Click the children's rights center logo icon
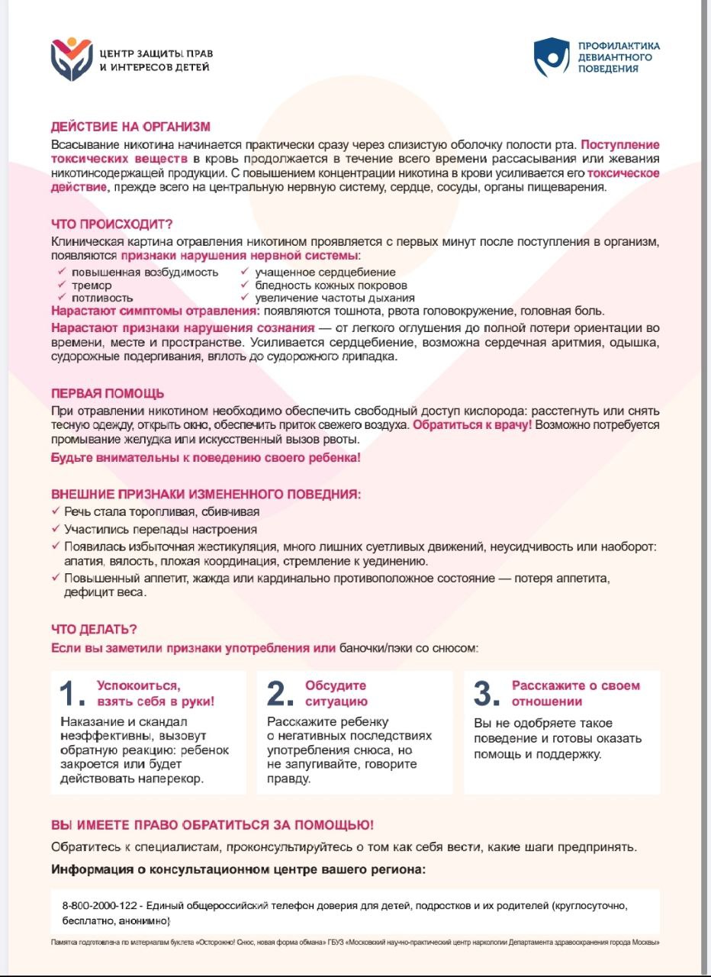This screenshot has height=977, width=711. pyautogui.click(x=71, y=59)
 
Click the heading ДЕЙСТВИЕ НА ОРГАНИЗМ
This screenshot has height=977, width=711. pyautogui.click(x=130, y=127)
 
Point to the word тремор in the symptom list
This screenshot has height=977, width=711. pyautogui.click(x=92, y=285)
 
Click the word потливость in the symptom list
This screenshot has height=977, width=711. pyautogui.click(x=102, y=298)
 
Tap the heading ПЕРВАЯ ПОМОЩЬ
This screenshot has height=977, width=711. pyautogui.click(x=107, y=394)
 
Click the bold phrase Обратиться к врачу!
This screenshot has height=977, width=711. pyautogui.click(x=472, y=424)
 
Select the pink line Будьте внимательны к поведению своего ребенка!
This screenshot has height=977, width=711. pyautogui.click(x=205, y=458)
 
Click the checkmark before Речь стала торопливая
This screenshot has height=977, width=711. pyautogui.click(x=56, y=511)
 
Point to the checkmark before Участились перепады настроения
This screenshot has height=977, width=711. pyautogui.click(x=56, y=528)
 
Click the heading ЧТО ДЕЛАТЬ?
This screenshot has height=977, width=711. pyautogui.click(x=94, y=630)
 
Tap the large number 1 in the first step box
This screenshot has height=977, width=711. pyautogui.click(x=72, y=694)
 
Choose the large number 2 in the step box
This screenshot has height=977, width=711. pyautogui.click(x=280, y=694)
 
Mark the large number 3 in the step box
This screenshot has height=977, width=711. pyautogui.click(x=487, y=694)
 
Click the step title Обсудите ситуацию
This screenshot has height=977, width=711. pyautogui.click(x=336, y=694)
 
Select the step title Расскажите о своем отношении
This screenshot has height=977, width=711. pyautogui.click(x=575, y=694)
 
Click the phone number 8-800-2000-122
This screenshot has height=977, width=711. pyautogui.click(x=101, y=905)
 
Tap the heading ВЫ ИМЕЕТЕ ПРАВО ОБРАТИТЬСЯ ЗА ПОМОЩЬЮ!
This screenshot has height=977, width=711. pyautogui.click(x=212, y=826)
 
